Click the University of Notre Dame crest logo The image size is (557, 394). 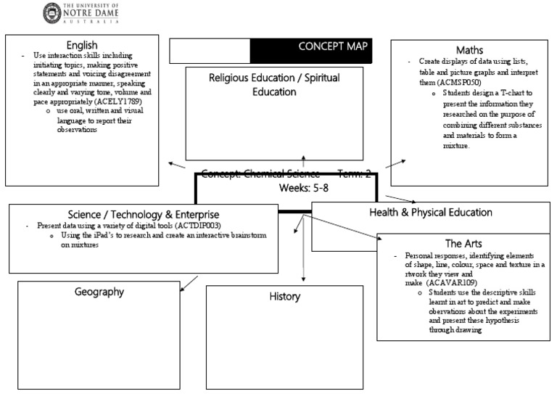[x=52, y=12]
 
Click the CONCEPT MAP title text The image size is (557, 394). [x=333, y=47]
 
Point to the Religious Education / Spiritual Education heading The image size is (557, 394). [x=273, y=84]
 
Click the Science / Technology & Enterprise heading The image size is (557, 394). [x=143, y=214]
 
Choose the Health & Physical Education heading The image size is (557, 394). [x=430, y=213]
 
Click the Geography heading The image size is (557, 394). [x=99, y=292]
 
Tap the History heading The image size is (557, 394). [x=284, y=296]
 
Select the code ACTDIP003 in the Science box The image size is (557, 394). [x=194, y=226]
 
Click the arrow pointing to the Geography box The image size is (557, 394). [x=187, y=284]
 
